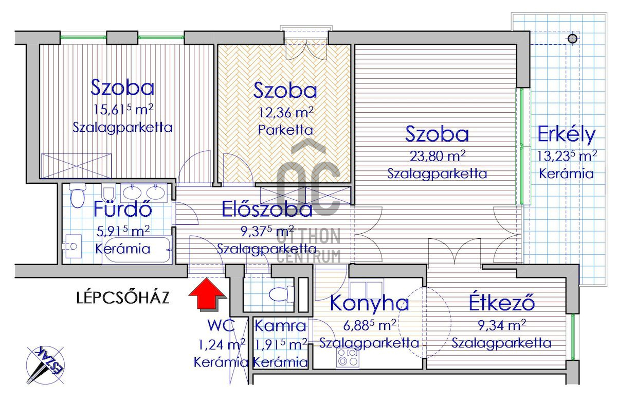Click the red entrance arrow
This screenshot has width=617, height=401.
(x=207, y=294)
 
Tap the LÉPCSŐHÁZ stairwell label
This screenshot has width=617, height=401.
(x=123, y=298)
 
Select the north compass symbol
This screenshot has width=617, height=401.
(x=45, y=364)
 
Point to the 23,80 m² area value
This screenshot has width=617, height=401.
(x=438, y=156)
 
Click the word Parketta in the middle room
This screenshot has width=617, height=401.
(x=285, y=130)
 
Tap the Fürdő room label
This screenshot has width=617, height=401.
(x=122, y=209)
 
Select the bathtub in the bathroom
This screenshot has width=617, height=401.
(x=137, y=250)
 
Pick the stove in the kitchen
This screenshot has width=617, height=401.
(x=348, y=357)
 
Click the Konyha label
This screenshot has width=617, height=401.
(x=369, y=303)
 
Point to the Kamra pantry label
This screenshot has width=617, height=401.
(x=280, y=326)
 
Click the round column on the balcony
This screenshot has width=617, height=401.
(x=573, y=39)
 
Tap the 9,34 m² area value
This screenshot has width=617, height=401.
(x=502, y=326)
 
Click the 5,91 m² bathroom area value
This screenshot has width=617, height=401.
(x=123, y=231)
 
